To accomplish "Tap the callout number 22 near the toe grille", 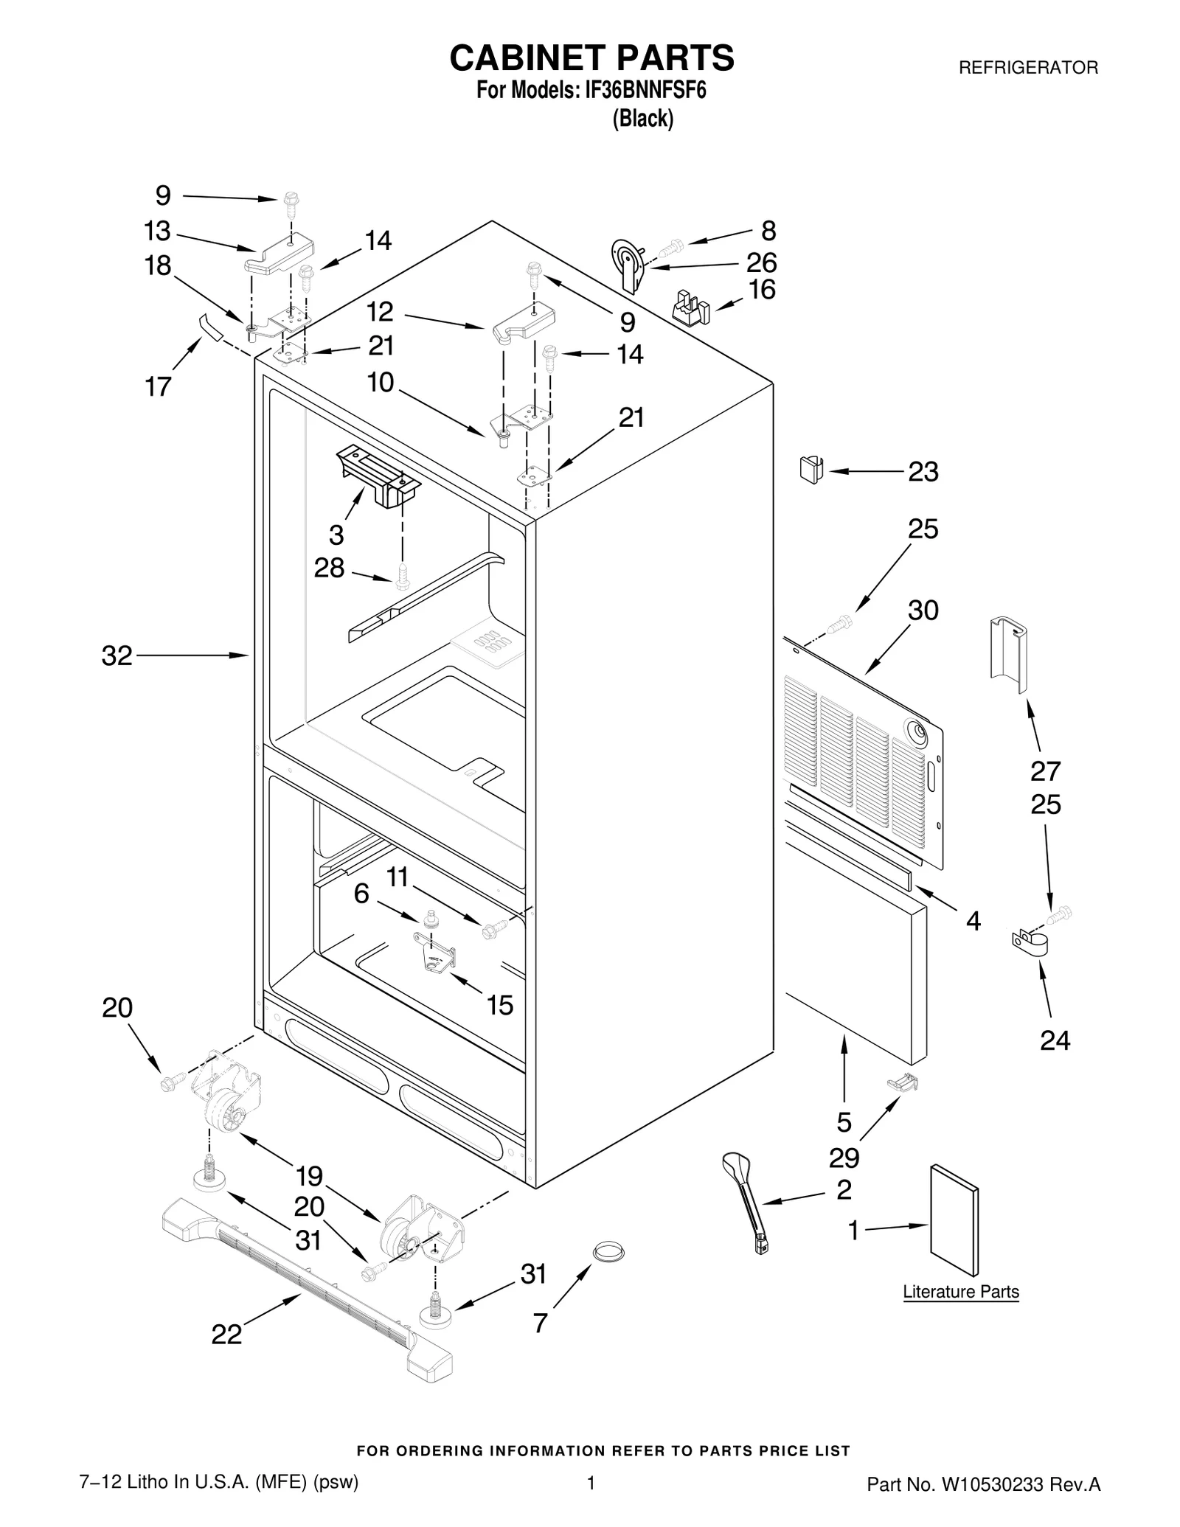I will click(x=226, y=1334).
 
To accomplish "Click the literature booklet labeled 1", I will click(x=954, y=1220).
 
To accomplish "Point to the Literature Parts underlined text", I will click(x=960, y=1291).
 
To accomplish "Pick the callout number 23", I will click(x=923, y=471).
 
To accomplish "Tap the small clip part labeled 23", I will click(x=811, y=469).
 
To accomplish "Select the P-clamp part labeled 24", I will click(x=1025, y=945).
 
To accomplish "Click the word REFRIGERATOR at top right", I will click(x=1027, y=68).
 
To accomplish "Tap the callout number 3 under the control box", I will click(x=336, y=534).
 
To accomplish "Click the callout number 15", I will click(x=500, y=1005).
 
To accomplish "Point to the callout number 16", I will click(x=762, y=290).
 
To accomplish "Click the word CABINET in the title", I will click(x=522, y=58).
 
